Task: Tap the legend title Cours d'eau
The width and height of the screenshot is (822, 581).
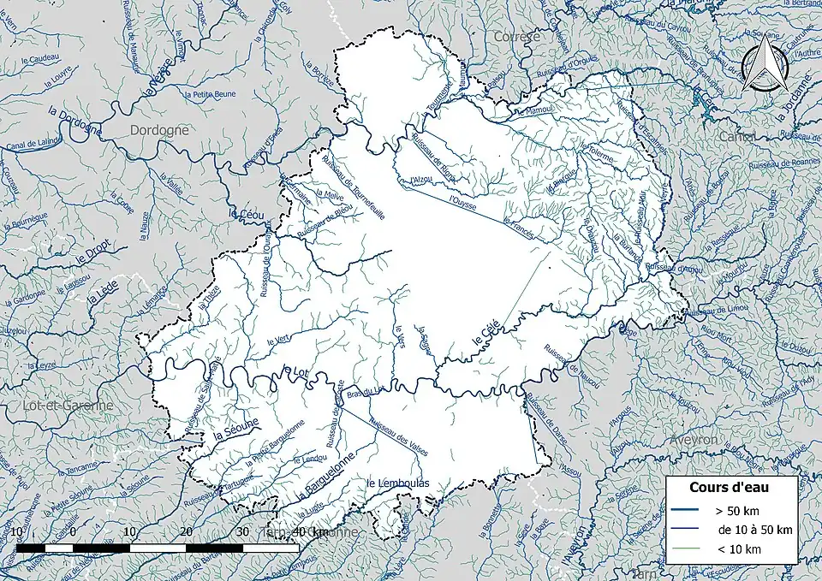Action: pos(729,487)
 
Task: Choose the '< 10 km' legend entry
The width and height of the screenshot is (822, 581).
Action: pos(733,548)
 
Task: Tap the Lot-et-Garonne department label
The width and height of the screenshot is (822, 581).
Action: pos(57,406)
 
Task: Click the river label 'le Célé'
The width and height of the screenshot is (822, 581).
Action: pos(485,329)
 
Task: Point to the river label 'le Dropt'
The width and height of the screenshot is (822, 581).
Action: pos(89,249)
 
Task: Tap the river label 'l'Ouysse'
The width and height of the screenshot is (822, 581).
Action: pos(462,205)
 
